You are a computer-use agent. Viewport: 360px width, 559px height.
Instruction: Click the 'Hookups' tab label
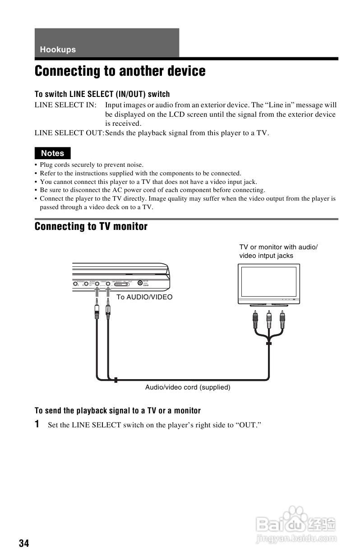point(58,50)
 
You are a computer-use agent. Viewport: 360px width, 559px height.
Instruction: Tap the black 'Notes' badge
point(53,153)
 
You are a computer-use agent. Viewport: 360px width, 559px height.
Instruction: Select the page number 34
point(24,543)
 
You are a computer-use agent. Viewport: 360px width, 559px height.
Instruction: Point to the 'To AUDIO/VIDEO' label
point(144,297)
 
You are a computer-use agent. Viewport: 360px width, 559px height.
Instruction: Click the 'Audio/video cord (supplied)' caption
point(188,387)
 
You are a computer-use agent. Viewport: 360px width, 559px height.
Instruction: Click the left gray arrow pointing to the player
point(97,294)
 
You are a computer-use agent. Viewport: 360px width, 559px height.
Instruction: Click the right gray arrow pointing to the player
point(108,294)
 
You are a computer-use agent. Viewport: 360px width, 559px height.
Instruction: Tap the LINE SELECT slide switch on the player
point(121,284)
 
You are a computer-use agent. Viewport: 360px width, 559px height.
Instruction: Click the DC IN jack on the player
point(141,284)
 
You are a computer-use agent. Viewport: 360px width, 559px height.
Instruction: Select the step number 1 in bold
point(38,424)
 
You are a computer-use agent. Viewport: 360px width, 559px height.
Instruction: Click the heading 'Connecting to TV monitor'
point(91,226)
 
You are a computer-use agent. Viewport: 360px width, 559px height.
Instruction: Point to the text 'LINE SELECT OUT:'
point(69,133)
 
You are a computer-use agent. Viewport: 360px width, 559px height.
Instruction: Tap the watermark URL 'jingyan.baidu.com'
point(296,538)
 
